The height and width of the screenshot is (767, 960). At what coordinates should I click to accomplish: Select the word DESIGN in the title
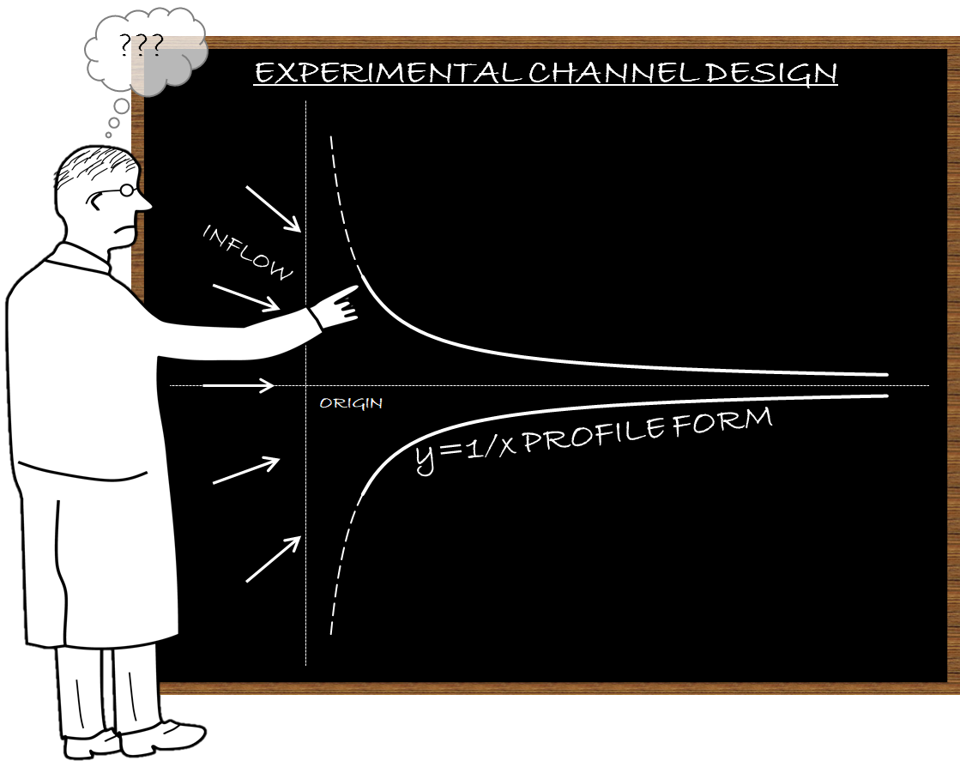[x=770, y=74]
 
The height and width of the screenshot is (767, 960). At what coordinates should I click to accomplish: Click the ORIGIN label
[x=351, y=403]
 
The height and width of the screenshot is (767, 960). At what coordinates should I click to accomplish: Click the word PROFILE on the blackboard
[x=594, y=432]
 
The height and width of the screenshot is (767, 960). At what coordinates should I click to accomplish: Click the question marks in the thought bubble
[x=142, y=45]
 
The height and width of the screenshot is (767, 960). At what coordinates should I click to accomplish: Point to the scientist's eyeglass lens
[x=127, y=190]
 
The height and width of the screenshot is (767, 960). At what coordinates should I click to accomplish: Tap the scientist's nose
[x=144, y=201]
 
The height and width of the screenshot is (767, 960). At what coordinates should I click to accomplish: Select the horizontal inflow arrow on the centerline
[x=238, y=385]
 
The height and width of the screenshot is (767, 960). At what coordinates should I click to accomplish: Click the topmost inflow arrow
[x=273, y=209]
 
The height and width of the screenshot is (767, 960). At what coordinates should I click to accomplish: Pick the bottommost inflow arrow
[x=273, y=559]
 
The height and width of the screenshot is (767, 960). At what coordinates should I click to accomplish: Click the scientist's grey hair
[x=95, y=166]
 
